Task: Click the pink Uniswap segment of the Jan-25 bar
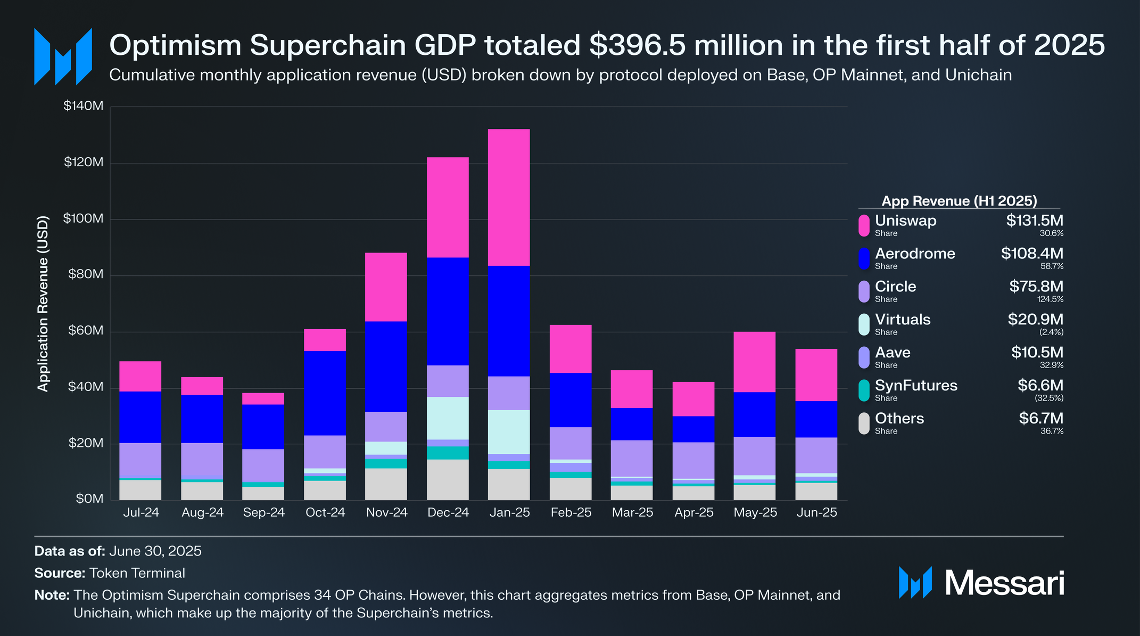tap(509, 197)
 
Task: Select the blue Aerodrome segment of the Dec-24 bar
tap(448, 311)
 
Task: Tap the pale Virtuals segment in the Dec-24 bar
tap(448, 418)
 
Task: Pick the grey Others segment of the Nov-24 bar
tap(386, 484)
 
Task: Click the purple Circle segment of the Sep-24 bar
tap(263, 465)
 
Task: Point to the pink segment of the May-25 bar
tap(754, 362)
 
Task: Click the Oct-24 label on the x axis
tap(325, 512)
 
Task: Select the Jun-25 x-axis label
tap(816, 512)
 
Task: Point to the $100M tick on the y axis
tap(83, 218)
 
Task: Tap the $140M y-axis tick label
tap(83, 105)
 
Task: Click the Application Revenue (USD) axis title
tap(43, 304)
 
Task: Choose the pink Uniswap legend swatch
tap(864, 225)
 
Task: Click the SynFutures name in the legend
tap(916, 386)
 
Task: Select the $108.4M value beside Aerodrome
tap(1031, 254)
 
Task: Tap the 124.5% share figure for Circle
tap(1050, 299)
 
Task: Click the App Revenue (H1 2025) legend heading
tap(959, 201)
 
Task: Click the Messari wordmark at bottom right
tap(1004, 583)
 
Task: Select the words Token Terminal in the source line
tap(137, 573)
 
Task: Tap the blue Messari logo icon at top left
tap(63, 56)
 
